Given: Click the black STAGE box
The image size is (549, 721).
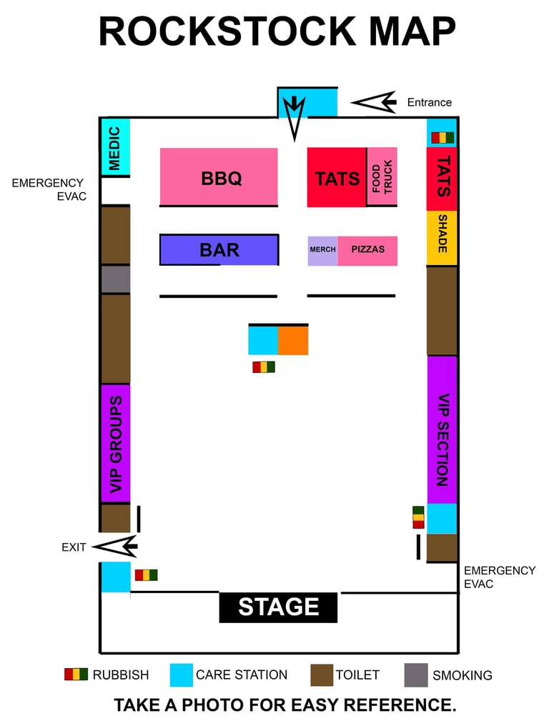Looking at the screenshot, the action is (278, 607).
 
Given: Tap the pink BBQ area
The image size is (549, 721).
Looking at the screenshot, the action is (219, 176).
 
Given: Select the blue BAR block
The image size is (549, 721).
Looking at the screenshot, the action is (219, 250).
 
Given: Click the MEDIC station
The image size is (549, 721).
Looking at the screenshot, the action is (114, 147).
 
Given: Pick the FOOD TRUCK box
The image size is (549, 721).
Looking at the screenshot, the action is (382, 176).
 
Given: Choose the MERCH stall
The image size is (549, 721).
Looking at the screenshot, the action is (322, 250).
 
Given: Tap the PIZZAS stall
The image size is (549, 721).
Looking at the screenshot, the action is (367, 250).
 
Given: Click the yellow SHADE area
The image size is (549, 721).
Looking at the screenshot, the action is (442, 238).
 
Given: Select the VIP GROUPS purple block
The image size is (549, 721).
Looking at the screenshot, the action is (115, 443).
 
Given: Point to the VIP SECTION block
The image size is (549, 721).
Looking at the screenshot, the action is (442, 429).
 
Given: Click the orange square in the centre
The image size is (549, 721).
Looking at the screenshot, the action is (293, 340).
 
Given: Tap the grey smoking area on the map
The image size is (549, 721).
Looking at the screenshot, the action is (115, 279).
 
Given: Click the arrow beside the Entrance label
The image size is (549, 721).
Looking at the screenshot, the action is (375, 102).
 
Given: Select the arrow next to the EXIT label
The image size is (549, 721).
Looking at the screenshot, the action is (116, 547).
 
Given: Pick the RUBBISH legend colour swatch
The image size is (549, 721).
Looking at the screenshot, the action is (76, 674).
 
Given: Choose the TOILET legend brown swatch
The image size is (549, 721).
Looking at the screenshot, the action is (322, 675).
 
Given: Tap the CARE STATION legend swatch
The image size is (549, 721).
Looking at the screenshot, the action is (182, 675).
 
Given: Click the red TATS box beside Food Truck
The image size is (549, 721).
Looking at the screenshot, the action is (337, 178).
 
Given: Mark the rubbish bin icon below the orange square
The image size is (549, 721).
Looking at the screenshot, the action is (264, 367).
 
